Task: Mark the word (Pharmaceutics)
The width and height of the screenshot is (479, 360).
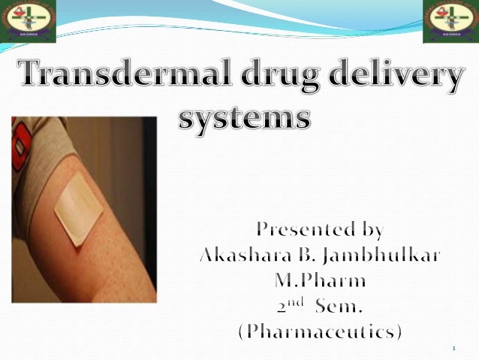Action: click(321, 333)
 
